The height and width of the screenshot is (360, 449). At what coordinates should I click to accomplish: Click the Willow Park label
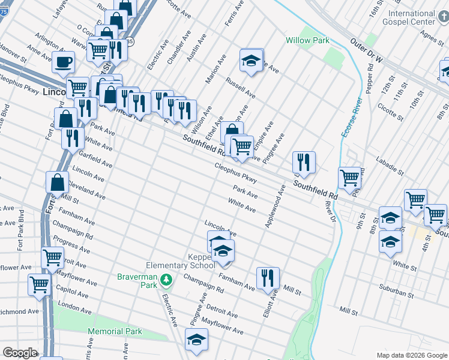click(x=306, y=40)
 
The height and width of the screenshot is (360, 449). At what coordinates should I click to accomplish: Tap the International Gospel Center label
click(x=411, y=17)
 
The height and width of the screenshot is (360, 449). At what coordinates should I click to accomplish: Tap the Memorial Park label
click(x=115, y=331)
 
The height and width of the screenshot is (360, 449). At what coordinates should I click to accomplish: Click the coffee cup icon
click(x=63, y=61)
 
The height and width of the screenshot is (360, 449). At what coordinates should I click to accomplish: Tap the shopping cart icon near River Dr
click(x=349, y=177)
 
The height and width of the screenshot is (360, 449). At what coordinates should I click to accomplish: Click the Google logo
click(x=20, y=353)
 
